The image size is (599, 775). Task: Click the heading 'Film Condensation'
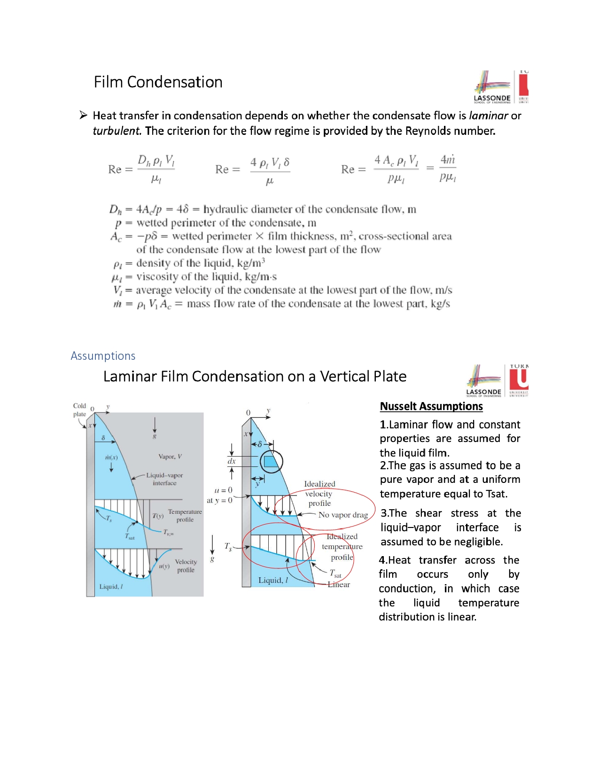coord(158,82)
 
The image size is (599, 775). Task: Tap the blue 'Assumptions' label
coord(103,356)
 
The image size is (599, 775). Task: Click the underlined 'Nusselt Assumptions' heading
coord(431,406)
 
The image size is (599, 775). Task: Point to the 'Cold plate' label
coord(79,410)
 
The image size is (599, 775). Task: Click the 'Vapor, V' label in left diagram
coord(170,457)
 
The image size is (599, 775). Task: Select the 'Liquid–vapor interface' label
coord(164,479)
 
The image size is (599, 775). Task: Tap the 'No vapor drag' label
coord(343,515)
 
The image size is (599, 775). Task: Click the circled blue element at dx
coord(271,462)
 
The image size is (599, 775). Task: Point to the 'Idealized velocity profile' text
coord(319,493)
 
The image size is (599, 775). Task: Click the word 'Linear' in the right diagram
coord(339,584)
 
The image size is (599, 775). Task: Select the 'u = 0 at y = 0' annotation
coord(220,495)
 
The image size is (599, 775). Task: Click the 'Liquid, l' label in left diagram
coord(111,587)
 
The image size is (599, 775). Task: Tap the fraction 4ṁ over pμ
coord(448,168)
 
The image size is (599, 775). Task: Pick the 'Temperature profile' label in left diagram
coord(185,515)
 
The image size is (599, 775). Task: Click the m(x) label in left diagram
coord(111,457)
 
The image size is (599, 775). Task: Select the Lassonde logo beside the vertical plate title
coord(484,381)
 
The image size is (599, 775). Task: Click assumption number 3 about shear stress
coord(450,527)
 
